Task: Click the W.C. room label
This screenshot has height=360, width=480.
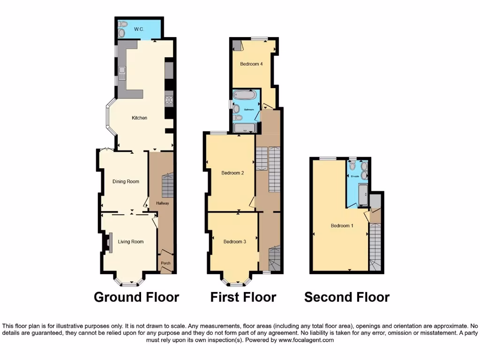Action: coord(139,30)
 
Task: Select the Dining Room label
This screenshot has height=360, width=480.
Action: coord(126,181)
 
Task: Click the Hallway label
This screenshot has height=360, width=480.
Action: coord(163,203)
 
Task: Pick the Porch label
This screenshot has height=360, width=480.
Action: coord(166,263)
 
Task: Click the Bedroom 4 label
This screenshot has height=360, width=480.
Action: coord(251,64)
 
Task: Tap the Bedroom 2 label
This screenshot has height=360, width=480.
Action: coord(232,173)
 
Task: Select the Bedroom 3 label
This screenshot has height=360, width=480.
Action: coord(234,242)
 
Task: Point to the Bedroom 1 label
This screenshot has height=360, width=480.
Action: coord(342,226)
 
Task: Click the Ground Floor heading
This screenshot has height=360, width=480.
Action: coord(136,297)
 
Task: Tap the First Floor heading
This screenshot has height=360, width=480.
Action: coord(243,297)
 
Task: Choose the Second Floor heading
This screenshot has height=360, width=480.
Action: coord(347,297)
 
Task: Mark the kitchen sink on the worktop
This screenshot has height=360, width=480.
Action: coord(122,73)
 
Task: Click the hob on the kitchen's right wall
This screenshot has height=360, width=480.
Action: coord(169,100)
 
